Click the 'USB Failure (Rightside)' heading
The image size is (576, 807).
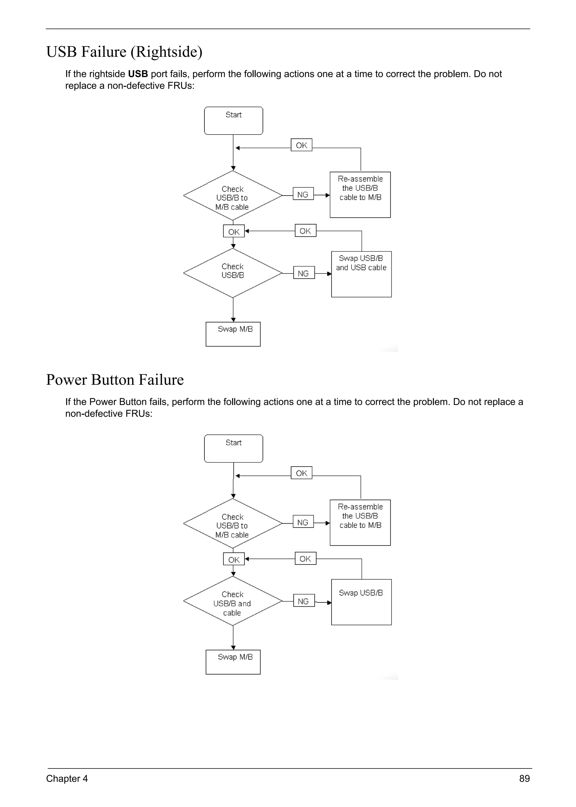[124, 52]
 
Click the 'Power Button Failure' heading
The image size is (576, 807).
[115, 380]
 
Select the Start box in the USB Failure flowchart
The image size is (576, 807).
[233, 121]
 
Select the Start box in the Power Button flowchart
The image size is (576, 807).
[233, 449]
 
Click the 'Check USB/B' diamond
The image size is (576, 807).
[233, 273]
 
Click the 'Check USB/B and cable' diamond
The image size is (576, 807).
[233, 601]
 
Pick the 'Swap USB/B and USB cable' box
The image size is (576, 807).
[361, 274]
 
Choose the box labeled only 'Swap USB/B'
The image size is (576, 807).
[361, 602]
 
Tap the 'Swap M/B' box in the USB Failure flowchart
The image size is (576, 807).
[233, 334]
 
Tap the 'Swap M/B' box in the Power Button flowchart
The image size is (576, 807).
[233, 662]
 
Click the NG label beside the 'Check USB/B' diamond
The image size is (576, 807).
[303, 273]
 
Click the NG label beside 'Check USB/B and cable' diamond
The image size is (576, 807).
[303, 601]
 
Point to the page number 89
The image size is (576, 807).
[524, 778]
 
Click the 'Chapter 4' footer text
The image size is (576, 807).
[67, 778]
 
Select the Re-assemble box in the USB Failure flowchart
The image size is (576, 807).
[360, 194]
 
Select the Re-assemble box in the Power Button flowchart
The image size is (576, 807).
[360, 523]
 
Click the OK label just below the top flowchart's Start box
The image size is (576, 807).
[301, 145]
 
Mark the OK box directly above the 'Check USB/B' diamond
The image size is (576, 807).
[234, 231]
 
